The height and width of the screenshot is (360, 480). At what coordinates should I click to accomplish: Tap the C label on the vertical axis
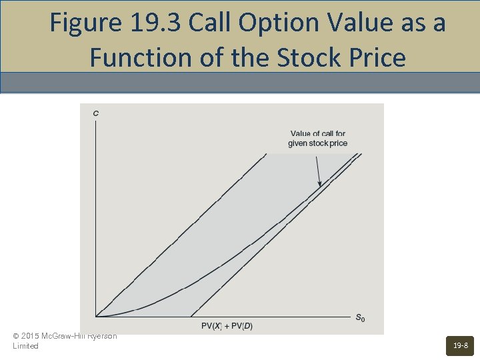[96, 113]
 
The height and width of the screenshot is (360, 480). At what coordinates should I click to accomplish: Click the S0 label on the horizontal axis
[359, 319]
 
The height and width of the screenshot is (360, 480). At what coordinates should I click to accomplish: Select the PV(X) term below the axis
[215, 326]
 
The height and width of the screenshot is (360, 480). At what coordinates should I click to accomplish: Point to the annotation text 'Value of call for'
[318, 134]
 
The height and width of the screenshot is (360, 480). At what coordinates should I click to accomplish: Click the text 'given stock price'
[318, 143]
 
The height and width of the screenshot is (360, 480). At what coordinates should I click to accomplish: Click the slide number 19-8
[460, 345]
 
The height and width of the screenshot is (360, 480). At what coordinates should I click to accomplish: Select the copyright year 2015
[30, 336]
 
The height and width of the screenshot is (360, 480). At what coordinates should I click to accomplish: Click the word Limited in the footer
[25, 346]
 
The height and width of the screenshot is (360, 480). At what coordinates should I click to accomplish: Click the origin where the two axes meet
[96, 317]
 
